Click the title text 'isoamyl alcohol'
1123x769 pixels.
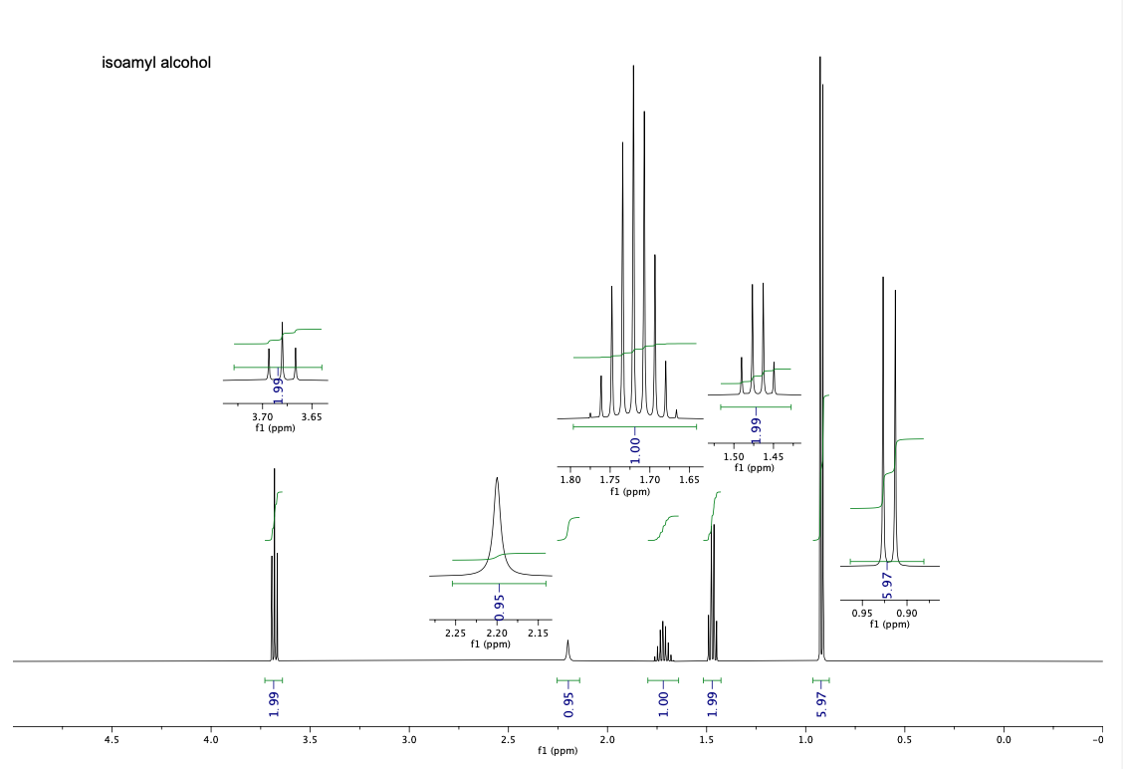(x=156, y=63)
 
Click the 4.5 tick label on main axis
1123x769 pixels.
(x=112, y=740)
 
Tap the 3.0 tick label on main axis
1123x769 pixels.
(x=408, y=740)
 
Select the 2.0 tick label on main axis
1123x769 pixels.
(x=606, y=740)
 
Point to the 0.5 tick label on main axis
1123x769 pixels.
(x=904, y=740)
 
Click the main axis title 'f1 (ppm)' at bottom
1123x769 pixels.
(x=557, y=750)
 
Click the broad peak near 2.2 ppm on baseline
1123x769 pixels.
(x=567, y=647)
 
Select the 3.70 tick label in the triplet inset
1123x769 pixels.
(x=262, y=416)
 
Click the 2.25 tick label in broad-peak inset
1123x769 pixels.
(x=455, y=633)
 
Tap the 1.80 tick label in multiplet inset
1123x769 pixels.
(x=571, y=479)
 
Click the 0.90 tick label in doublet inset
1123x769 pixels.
(x=907, y=613)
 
